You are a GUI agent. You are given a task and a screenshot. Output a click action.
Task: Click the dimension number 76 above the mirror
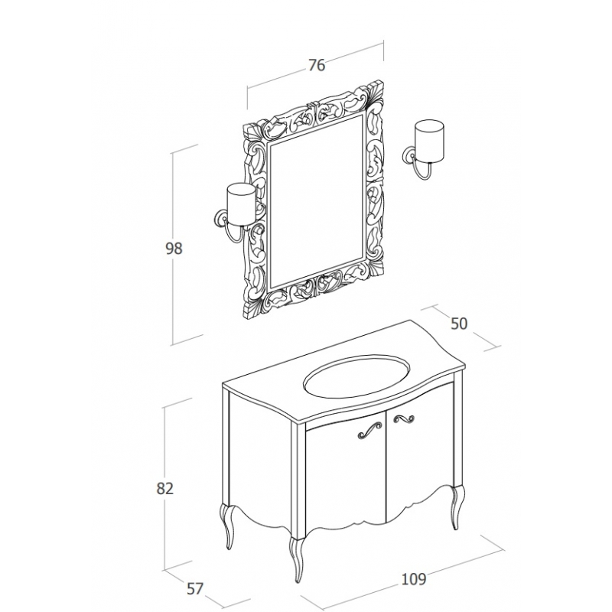coord(317,65)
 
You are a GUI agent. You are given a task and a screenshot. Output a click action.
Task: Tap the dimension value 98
coord(174,249)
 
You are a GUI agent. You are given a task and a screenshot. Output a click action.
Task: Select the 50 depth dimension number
coord(459,324)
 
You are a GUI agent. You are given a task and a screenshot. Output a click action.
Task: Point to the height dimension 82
coord(164,489)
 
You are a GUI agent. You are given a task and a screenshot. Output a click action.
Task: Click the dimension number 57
coord(195,589)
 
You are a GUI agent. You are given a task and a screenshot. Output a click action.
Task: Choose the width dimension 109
coord(414,579)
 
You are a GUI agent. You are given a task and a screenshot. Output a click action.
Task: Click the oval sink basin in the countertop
coord(356,376)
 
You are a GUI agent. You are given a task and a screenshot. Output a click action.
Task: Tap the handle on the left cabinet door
coord(369,430)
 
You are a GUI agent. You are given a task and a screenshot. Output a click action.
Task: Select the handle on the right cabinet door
coord(404,419)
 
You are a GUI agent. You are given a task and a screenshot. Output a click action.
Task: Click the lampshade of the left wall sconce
coord(241,204)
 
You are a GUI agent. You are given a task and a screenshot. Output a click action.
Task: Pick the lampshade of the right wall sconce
coord(429,141)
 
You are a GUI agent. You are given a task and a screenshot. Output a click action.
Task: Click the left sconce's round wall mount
coord(220,219)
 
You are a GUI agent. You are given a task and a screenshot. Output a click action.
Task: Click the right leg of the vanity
coord(457,507)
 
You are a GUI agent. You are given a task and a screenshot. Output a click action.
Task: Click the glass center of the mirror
coord(317,202)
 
